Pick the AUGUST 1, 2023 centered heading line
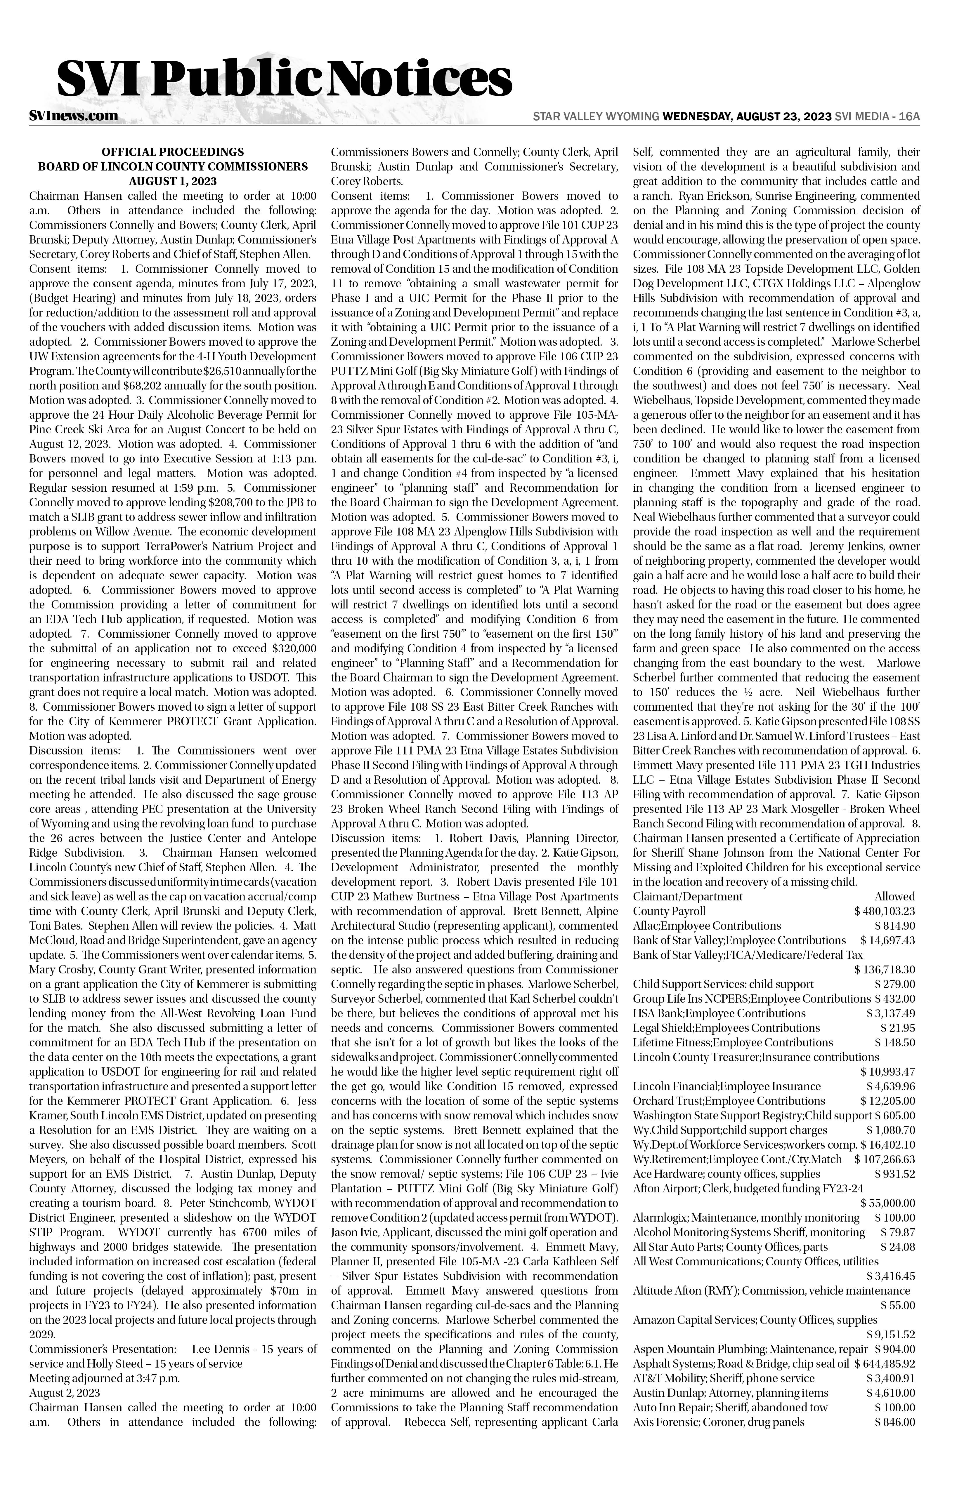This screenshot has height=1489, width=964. pyautogui.click(x=173, y=181)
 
